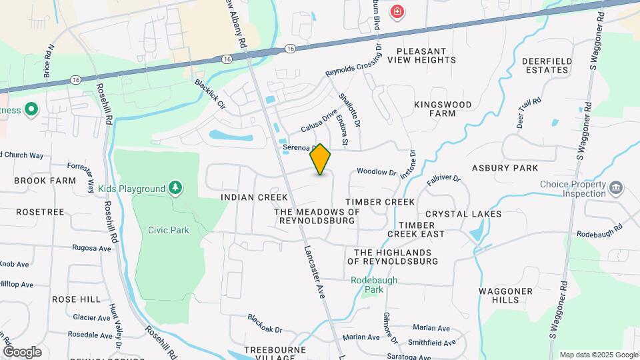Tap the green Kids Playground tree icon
(x=175, y=189)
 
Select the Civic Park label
(x=169, y=230)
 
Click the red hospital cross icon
(x=397, y=11)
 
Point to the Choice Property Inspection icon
(x=616, y=187)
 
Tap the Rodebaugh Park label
(x=375, y=285)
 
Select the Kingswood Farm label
(x=443, y=109)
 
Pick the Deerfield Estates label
(x=547, y=65)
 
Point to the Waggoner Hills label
(x=505, y=295)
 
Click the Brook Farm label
(x=45, y=181)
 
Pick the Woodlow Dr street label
(x=377, y=172)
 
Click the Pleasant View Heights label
(x=427, y=55)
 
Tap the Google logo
(x=22, y=352)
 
